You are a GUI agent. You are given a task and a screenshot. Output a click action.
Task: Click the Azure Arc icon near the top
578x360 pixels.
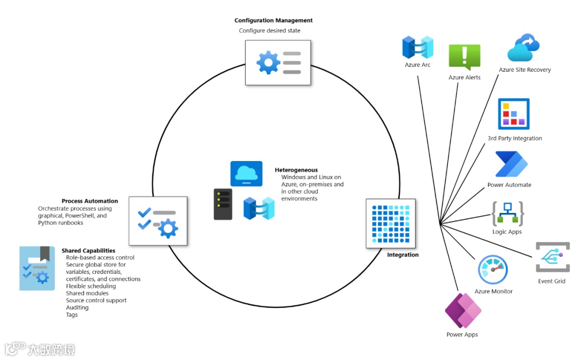point(417,47)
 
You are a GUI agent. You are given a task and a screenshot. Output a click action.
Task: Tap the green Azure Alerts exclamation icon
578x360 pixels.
point(465,57)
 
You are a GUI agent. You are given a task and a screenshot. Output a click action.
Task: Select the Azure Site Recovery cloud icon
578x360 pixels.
point(523,48)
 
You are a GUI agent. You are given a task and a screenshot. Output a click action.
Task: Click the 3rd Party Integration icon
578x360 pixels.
point(514,114)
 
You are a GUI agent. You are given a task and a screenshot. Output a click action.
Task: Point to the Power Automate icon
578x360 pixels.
point(511,164)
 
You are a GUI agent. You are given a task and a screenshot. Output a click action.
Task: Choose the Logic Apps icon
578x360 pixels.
point(507,214)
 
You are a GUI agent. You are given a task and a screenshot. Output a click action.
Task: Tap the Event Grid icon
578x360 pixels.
point(552,257)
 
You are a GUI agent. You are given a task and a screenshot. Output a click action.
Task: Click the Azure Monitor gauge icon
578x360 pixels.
point(493,270)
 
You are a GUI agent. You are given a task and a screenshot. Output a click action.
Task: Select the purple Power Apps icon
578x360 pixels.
point(463,311)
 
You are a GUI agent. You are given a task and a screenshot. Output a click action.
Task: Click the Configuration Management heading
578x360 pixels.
point(273,20)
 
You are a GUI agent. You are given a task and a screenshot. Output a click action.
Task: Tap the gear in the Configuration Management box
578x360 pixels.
point(268,62)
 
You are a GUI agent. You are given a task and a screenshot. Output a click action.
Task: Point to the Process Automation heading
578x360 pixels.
point(90,201)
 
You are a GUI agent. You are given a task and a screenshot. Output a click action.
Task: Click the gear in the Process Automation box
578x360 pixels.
point(168,228)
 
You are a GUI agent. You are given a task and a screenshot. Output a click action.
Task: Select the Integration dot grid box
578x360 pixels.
point(391,224)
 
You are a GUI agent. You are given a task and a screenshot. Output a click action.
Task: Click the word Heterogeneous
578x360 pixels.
point(296,170)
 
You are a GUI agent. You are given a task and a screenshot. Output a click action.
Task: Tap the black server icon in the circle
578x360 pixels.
point(223,204)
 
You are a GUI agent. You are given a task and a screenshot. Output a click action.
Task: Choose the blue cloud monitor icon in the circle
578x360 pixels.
point(246,173)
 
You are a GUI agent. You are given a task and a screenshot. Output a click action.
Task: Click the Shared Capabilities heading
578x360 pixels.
point(88,250)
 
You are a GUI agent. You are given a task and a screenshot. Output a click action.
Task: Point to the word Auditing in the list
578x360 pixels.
point(77,307)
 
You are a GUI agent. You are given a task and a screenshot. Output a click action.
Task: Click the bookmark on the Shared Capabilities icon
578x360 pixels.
point(45,254)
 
